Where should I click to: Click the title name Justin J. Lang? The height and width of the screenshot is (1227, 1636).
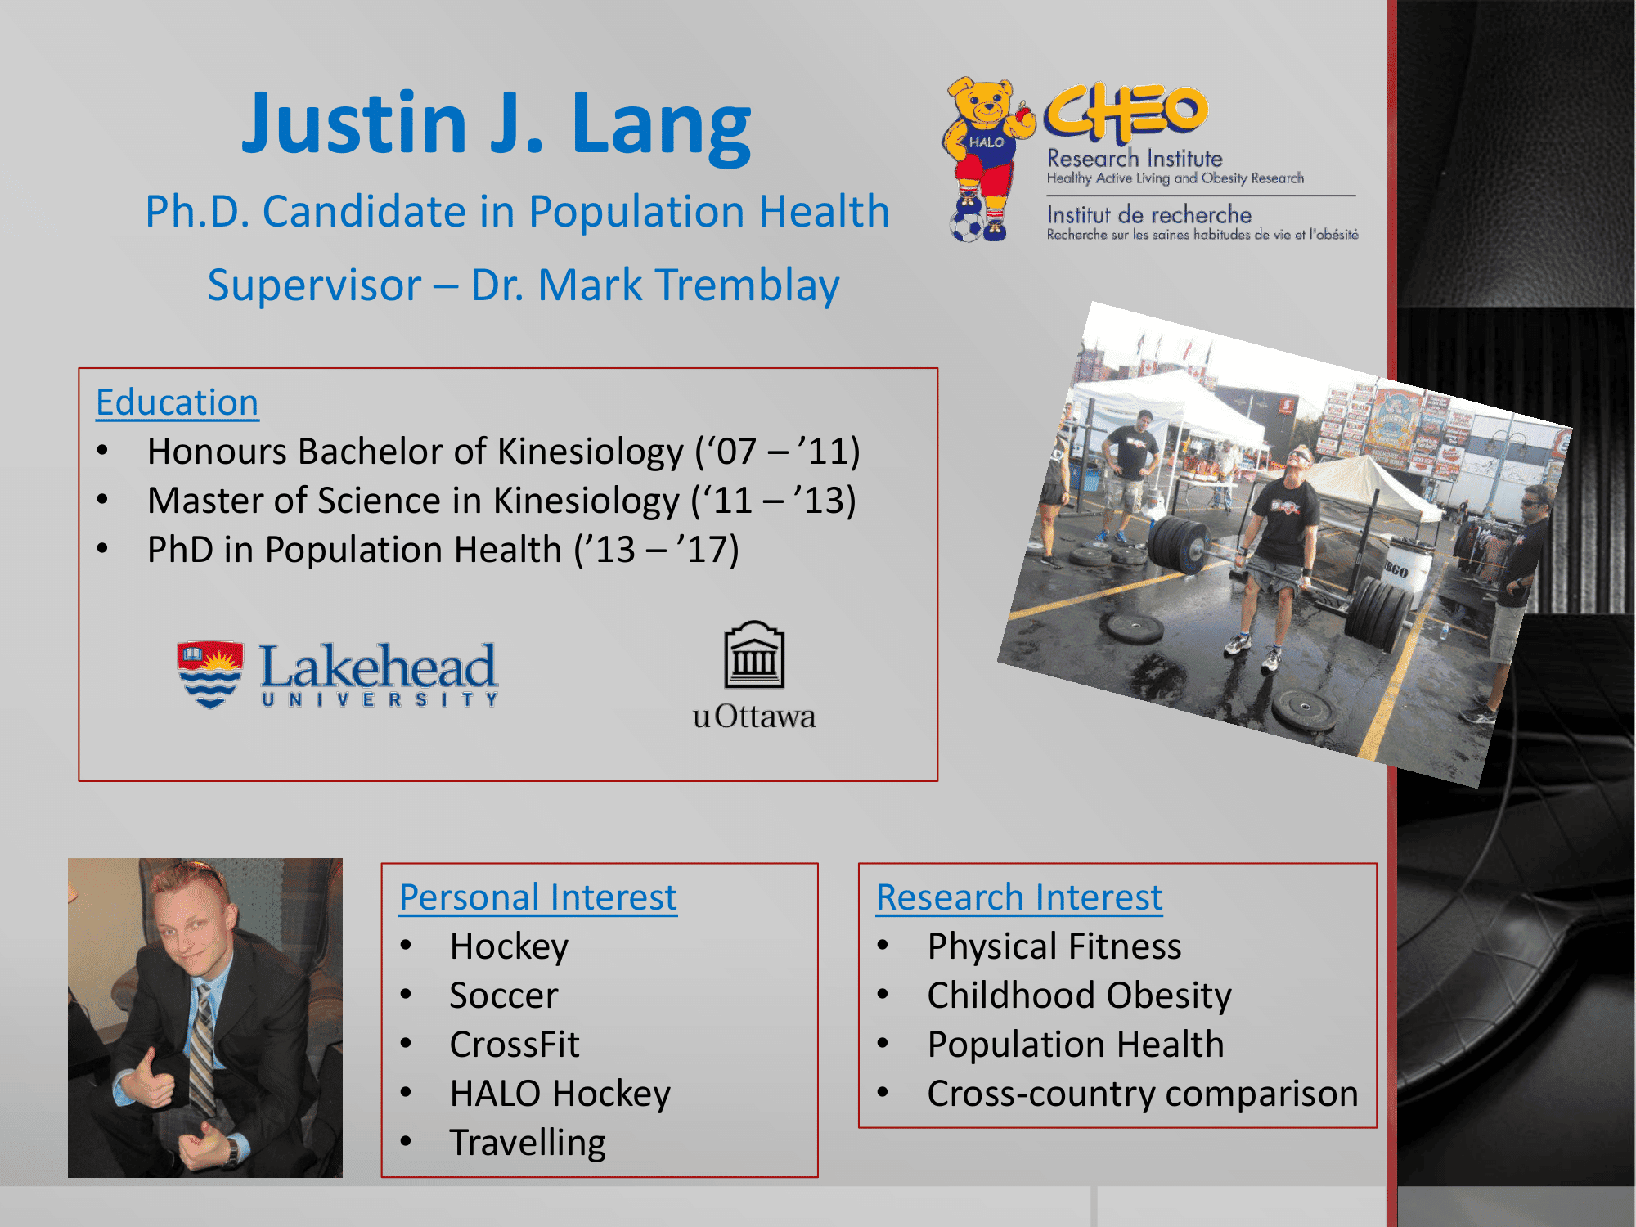tap(496, 124)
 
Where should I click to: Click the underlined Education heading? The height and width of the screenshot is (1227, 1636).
tap(178, 402)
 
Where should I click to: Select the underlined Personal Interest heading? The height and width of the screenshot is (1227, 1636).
tap(538, 897)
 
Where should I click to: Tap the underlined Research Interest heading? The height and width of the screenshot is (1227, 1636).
tap(1019, 897)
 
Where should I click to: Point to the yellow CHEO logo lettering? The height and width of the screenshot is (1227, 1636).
tap(1126, 112)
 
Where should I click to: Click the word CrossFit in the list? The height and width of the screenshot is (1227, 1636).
tap(515, 1045)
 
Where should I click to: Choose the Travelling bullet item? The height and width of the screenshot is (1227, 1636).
tap(528, 1144)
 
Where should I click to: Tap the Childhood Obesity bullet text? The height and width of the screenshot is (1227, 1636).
tap(1080, 996)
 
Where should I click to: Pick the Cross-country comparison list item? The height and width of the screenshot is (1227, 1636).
tap(1143, 1094)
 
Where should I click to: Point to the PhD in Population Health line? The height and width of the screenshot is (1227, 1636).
tap(443, 550)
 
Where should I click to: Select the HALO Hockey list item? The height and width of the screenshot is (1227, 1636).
tap(560, 1094)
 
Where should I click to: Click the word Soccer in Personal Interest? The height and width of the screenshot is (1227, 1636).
tap(504, 996)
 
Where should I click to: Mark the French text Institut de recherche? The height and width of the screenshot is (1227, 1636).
tap(1149, 214)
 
